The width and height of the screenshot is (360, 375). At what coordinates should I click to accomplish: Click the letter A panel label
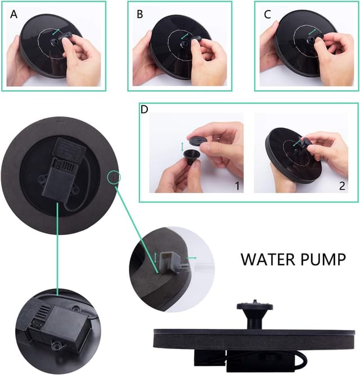point(13,15)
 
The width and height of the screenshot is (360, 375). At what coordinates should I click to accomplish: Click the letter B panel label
point(140,15)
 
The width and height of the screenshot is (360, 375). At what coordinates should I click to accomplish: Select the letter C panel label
point(267,15)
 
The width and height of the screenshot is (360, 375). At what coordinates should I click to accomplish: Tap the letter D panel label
point(145,109)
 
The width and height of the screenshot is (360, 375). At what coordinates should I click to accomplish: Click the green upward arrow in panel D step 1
point(181,147)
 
